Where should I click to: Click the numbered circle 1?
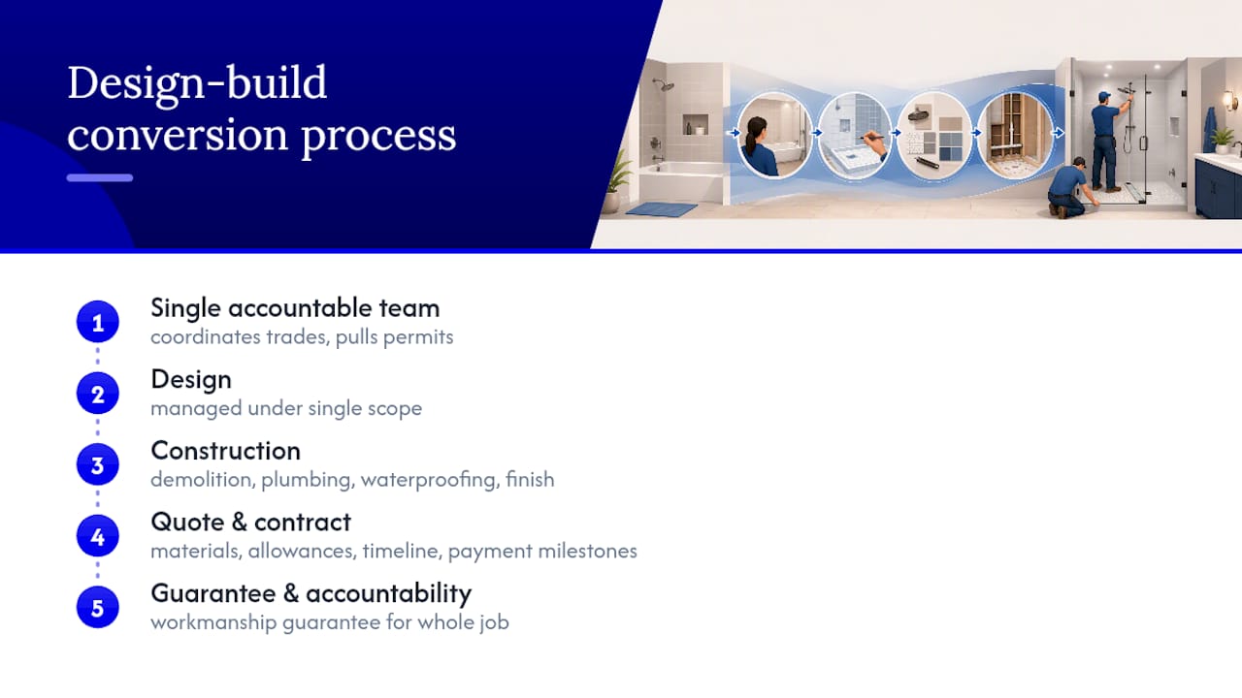(98, 322)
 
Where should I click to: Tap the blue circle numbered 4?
(98, 536)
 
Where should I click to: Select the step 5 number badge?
(98, 608)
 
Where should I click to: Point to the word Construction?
(226, 451)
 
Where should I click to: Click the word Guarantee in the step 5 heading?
(213, 593)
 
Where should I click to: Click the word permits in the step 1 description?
(418, 337)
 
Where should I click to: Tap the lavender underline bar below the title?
(100, 177)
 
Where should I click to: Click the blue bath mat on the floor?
(662, 208)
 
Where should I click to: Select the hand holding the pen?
(876, 144)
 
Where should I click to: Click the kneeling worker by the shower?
(1069, 188)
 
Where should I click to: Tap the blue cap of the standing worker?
(1104, 96)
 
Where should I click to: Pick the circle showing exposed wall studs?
(1015, 134)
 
